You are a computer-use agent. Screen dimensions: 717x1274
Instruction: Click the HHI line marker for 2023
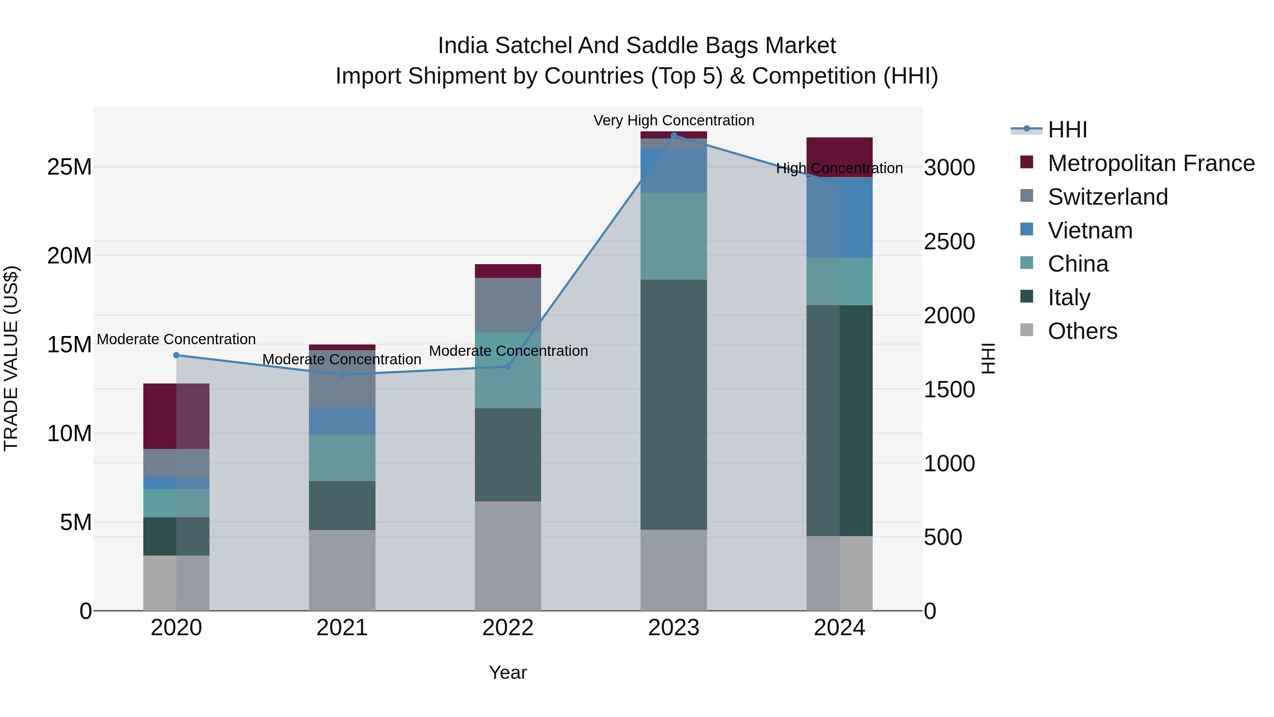point(673,135)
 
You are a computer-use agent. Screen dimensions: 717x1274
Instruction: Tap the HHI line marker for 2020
point(176,355)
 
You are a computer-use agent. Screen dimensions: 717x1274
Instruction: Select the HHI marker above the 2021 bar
point(342,375)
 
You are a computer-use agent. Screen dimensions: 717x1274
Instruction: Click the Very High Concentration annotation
point(673,120)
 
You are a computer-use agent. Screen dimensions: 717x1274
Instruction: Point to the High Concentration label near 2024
point(839,168)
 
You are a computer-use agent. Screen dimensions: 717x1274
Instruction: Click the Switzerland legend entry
point(1107,197)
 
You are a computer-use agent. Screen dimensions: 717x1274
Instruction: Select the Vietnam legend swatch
point(1027,229)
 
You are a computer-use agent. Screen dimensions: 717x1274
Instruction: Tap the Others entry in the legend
point(1082,331)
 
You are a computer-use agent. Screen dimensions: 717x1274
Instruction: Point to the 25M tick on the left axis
point(69,167)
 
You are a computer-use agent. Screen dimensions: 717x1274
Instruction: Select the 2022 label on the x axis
point(507,628)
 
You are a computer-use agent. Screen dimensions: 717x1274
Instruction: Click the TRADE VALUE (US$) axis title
point(11,358)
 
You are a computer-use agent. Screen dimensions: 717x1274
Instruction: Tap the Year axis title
point(507,672)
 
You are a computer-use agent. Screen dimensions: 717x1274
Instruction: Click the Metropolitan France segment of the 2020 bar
point(176,416)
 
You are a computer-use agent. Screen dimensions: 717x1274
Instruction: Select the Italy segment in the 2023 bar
point(673,404)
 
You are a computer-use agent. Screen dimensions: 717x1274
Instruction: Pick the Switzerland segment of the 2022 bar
point(507,305)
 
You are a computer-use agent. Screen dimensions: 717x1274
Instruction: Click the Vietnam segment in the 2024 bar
point(839,218)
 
